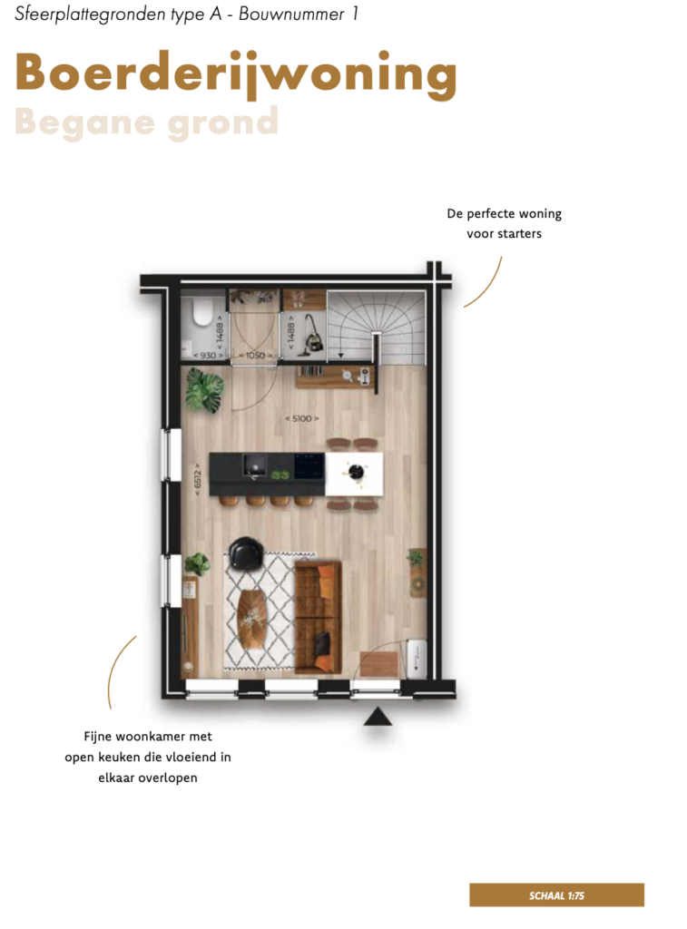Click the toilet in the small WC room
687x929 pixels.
(202, 311)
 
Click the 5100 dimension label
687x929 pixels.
(302, 418)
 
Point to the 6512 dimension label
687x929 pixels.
(197, 479)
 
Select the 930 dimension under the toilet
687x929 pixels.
(208, 355)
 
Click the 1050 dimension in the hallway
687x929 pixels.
(256, 355)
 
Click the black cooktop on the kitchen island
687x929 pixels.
(309, 465)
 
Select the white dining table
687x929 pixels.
(355, 474)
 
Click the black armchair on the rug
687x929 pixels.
(246, 553)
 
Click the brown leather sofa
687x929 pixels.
(319, 617)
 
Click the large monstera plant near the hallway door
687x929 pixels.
(204, 389)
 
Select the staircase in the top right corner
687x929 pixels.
(376, 327)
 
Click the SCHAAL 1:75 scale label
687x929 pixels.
(556, 895)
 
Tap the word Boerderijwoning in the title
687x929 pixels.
(236, 74)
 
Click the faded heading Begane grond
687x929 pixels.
(146, 122)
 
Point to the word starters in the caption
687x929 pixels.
(520, 233)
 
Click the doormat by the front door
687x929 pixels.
(379, 664)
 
